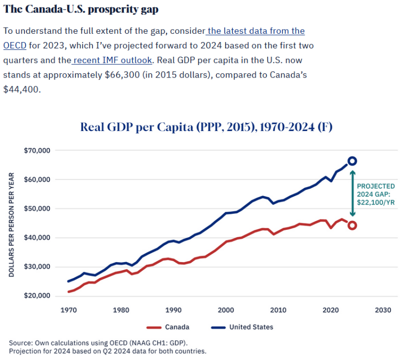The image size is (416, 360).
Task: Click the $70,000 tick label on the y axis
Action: pyautogui.click(x=37, y=151)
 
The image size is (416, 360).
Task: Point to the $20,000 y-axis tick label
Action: pyautogui.click(x=37, y=296)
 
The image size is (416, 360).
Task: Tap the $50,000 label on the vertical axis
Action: pyautogui.click(x=37, y=209)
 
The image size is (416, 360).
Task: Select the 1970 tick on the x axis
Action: pyautogui.click(x=68, y=310)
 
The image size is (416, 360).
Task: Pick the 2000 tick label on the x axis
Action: pyautogui.click(x=225, y=310)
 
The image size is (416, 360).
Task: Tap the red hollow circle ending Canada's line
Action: pyautogui.click(x=352, y=225)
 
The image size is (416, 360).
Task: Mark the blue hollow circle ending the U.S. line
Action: pyautogui.click(x=352, y=161)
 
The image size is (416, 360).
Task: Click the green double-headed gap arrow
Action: pyautogui.click(x=352, y=193)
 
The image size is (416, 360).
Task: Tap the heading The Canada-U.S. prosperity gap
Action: pyautogui.click(x=81, y=10)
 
